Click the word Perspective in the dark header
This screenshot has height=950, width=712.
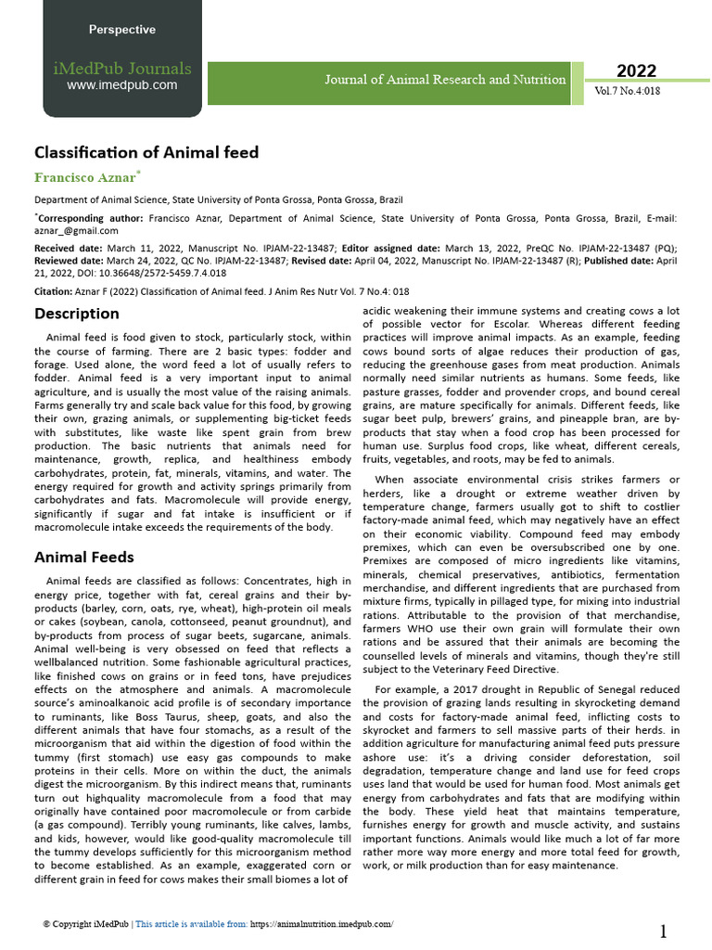click(121, 30)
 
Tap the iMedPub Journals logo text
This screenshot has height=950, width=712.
click(121, 68)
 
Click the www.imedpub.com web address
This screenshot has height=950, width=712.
click(121, 85)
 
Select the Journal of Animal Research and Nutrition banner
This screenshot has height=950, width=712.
click(445, 80)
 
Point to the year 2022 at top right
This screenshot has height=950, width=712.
click(636, 71)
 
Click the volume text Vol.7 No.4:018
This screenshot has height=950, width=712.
click(628, 92)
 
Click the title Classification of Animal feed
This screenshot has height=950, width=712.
click(146, 152)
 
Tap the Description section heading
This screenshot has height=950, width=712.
click(77, 314)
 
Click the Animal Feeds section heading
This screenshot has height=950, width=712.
click(84, 558)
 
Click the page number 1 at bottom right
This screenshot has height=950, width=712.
click(664, 931)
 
